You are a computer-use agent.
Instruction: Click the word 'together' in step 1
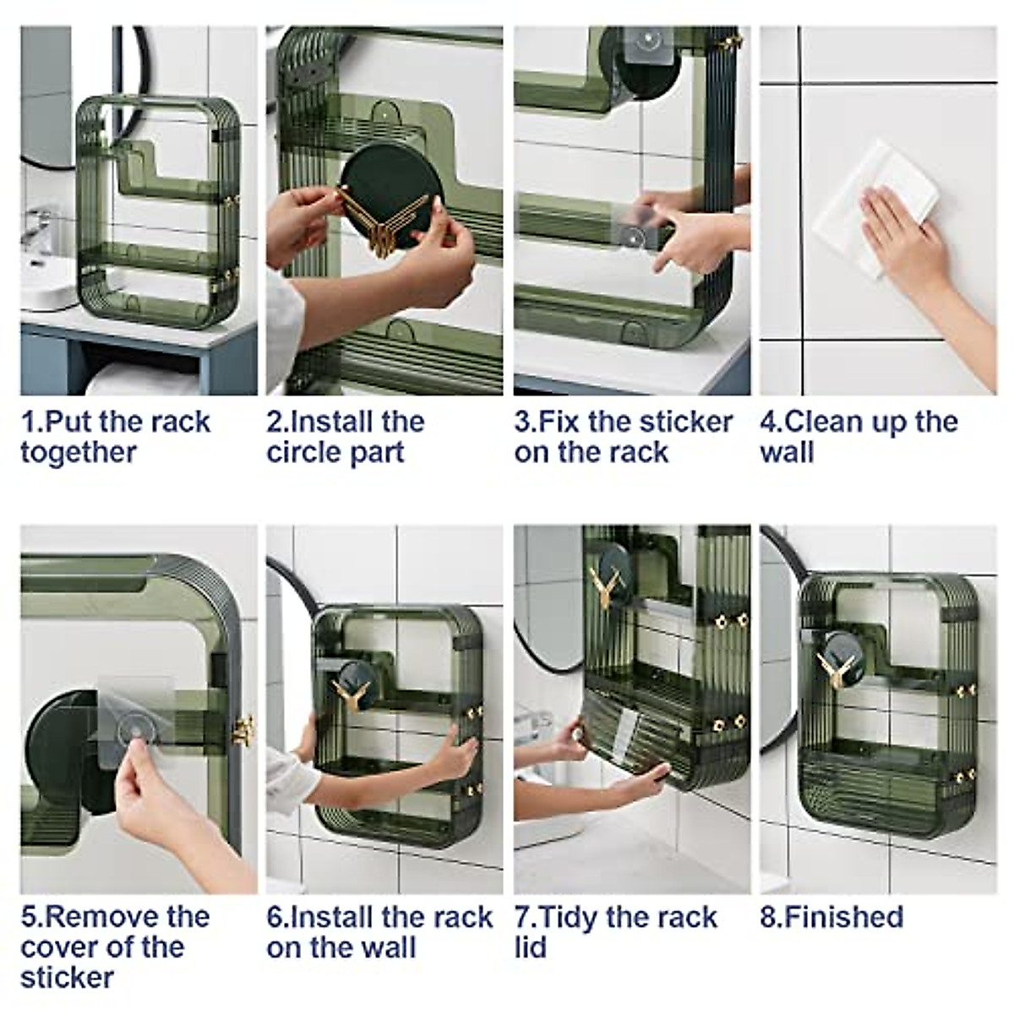pyautogui.click(x=79, y=453)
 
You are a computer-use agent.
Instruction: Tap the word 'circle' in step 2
pyautogui.click(x=303, y=453)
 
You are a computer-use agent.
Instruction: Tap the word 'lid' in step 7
pyautogui.click(x=531, y=948)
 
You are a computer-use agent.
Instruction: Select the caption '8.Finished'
pyautogui.click(x=832, y=917)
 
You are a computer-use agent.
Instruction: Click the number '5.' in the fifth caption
pyautogui.click(x=32, y=917)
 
